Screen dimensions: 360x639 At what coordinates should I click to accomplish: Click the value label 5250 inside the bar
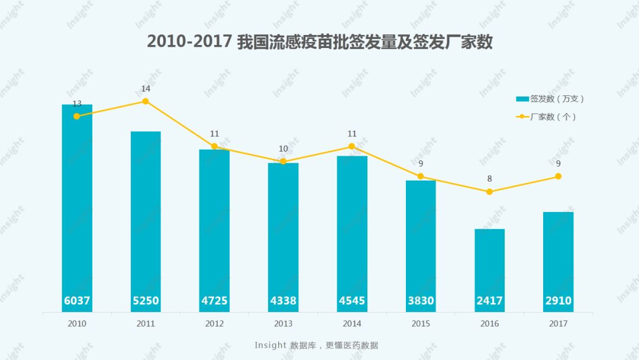pos(146,301)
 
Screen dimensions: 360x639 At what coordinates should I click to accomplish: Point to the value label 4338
pos(283,301)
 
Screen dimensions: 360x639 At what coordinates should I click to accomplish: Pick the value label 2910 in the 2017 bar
pos(558,301)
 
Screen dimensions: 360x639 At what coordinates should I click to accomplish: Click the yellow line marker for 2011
pos(146,101)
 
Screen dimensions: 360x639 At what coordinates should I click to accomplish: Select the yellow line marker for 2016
pos(489,192)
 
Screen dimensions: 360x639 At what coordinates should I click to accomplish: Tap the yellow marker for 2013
pos(283,162)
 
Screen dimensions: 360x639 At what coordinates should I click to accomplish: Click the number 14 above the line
pos(146,89)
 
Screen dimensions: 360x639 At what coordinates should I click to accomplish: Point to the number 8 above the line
pos(489,179)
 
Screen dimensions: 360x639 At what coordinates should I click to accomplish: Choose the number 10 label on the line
pos(283,149)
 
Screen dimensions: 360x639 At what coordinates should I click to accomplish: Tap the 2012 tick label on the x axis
pos(214,324)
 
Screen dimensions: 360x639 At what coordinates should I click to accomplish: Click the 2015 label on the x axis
pos(421,324)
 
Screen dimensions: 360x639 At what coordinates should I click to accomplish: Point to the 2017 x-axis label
pos(558,324)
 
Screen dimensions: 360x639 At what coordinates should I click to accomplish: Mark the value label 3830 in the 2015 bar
pos(421,301)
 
